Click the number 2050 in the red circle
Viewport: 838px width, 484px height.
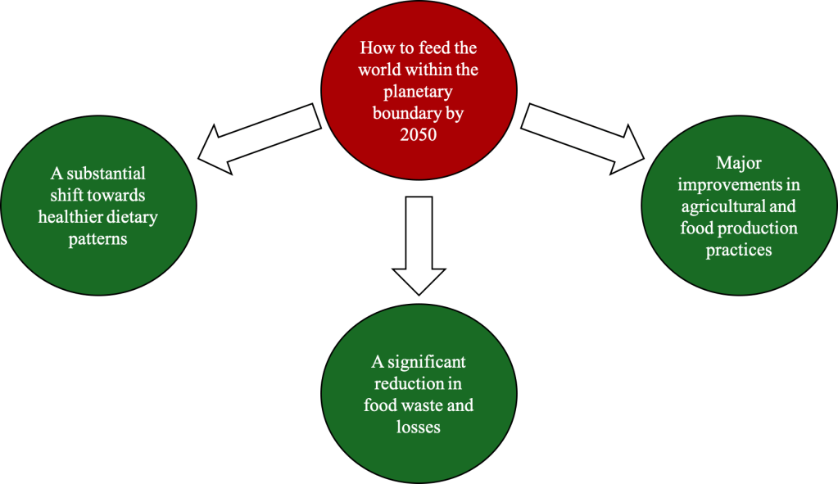[x=418, y=135]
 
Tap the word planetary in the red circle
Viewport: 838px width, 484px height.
[x=418, y=92]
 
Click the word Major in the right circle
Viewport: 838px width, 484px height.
[x=738, y=164]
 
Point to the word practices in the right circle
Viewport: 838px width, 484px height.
[x=738, y=250]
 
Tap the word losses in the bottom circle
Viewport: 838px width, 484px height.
[x=418, y=426]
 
